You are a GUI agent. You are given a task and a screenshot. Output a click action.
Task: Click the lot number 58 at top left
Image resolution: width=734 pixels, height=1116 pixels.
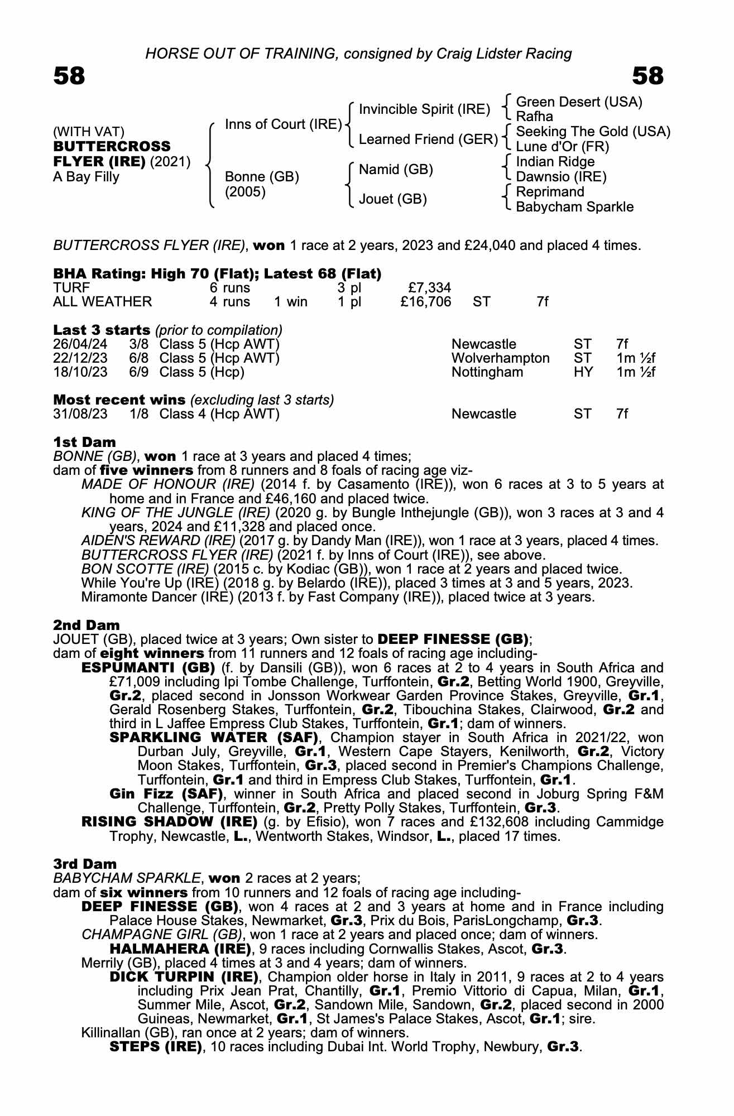(69, 76)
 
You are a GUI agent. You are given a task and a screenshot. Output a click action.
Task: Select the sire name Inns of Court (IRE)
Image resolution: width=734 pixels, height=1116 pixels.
(283, 124)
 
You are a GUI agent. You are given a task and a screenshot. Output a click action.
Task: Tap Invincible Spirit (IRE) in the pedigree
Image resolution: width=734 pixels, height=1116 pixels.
(424, 109)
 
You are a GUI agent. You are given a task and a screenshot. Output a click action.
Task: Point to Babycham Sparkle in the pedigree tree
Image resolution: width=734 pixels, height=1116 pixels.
(574, 207)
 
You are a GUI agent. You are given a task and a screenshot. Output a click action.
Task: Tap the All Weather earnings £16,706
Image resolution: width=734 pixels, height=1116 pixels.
(426, 302)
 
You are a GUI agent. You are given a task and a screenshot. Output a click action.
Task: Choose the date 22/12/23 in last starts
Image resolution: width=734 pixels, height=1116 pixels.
(80, 358)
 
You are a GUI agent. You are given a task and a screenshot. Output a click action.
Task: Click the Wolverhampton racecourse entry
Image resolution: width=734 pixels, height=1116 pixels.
(500, 358)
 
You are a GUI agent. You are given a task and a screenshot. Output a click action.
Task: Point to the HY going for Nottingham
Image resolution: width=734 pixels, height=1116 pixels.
(583, 372)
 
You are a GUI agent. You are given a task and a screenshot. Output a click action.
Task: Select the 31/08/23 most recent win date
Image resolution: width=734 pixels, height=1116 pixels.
(80, 414)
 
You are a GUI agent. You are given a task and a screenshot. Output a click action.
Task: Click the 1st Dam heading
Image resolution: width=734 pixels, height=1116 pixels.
(84, 443)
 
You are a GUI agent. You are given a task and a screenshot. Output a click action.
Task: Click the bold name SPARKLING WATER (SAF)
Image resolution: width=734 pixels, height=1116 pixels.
(214, 738)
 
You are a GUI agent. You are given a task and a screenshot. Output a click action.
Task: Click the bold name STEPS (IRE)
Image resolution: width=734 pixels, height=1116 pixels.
(156, 1047)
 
